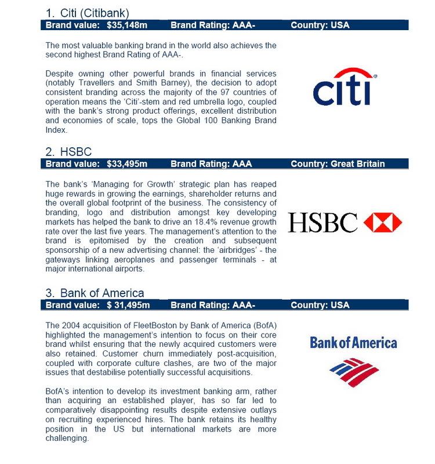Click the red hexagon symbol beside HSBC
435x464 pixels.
pos(382,222)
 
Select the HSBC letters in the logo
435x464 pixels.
pos(323,223)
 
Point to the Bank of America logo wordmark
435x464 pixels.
pos(353,342)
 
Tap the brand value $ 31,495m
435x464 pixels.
pos(128,305)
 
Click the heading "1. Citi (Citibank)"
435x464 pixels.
pos(88,13)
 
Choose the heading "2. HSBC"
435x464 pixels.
pos(68,152)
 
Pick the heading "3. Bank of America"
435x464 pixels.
pos(95,293)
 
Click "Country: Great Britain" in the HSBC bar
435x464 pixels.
pos(338,164)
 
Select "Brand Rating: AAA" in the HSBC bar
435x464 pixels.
pos(211,164)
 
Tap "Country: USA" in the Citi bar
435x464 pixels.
pos(320,25)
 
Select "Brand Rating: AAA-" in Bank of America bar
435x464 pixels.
pos(213,305)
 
